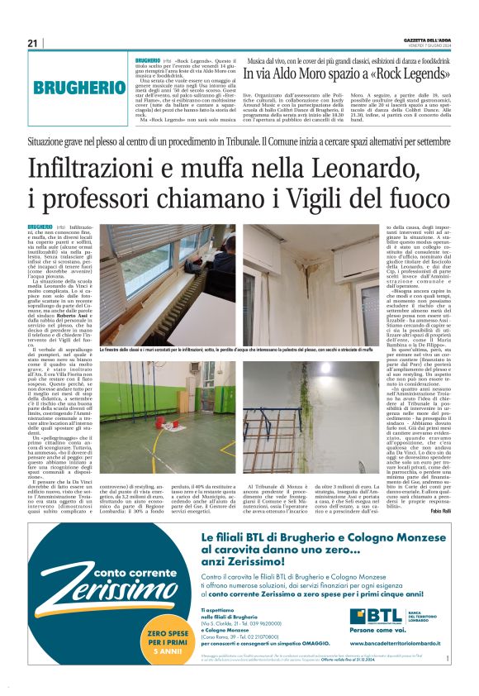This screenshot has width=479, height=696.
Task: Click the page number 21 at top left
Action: click(x=33, y=43)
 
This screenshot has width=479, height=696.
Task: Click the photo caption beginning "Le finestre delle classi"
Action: click(x=239, y=351)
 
